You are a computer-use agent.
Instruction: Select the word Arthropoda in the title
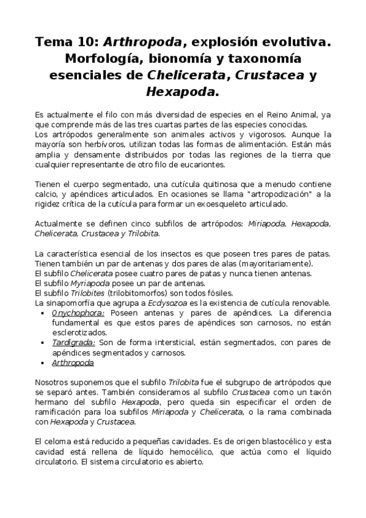coord(142,42)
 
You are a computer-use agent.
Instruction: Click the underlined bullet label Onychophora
coord(78,313)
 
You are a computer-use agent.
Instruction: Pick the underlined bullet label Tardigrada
coord(73,343)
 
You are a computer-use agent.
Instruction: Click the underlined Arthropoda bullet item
coord(73,363)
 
